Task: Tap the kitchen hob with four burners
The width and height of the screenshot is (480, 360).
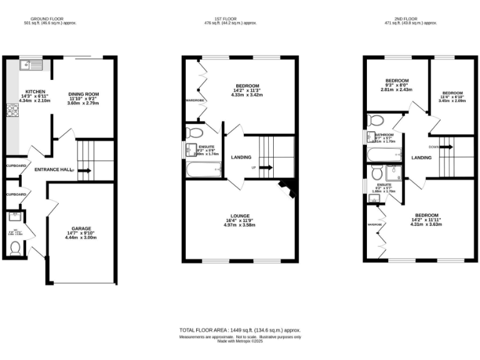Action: tap(11, 111)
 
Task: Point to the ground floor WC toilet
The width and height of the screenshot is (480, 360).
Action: tap(16, 248)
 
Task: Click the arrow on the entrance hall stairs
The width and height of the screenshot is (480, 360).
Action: tap(85, 169)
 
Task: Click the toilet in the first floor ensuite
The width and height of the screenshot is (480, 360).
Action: tap(193, 132)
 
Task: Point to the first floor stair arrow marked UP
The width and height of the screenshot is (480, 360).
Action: tap(264, 167)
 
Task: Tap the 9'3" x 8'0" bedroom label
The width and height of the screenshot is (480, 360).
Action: tap(397, 84)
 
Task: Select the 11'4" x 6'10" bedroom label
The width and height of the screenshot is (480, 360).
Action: tap(451, 96)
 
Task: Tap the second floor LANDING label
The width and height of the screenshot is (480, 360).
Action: tap(421, 157)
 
